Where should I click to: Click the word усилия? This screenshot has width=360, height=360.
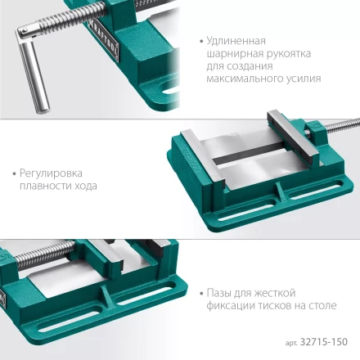click(302, 79)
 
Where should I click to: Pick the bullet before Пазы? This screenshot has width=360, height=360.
click(201, 293)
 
